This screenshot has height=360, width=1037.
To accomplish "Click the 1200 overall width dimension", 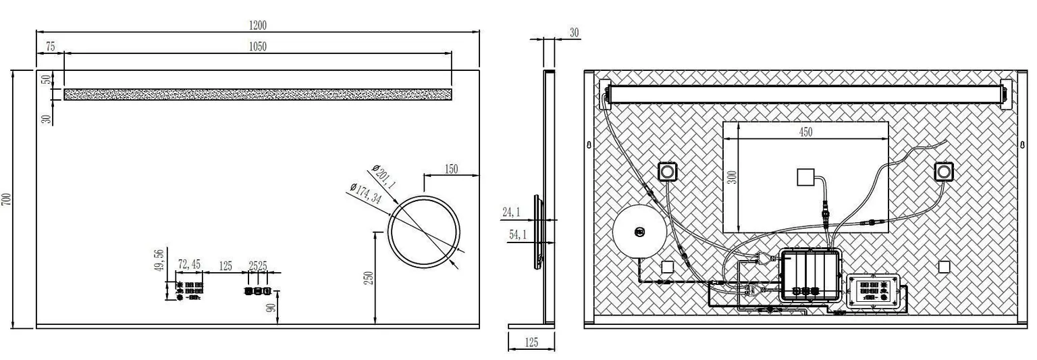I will click(x=257, y=26).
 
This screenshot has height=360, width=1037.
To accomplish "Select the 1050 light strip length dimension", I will click(x=257, y=47).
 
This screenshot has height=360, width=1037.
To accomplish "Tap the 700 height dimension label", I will click(x=7, y=199).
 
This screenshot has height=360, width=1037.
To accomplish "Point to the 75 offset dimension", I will click(x=49, y=47).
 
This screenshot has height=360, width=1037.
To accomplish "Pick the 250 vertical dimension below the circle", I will click(x=369, y=278).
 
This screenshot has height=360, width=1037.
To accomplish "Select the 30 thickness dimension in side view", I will click(x=575, y=32).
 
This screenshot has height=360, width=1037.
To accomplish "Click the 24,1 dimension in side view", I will click(x=512, y=213).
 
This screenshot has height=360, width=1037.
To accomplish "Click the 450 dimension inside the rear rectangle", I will click(x=805, y=132).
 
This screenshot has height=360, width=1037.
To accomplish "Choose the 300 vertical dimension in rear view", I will click(x=733, y=177).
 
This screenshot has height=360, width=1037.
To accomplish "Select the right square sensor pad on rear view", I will click(x=943, y=172).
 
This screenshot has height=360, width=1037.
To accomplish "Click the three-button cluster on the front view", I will click(x=258, y=291).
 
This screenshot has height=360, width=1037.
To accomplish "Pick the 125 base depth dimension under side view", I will click(x=531, y=343).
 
